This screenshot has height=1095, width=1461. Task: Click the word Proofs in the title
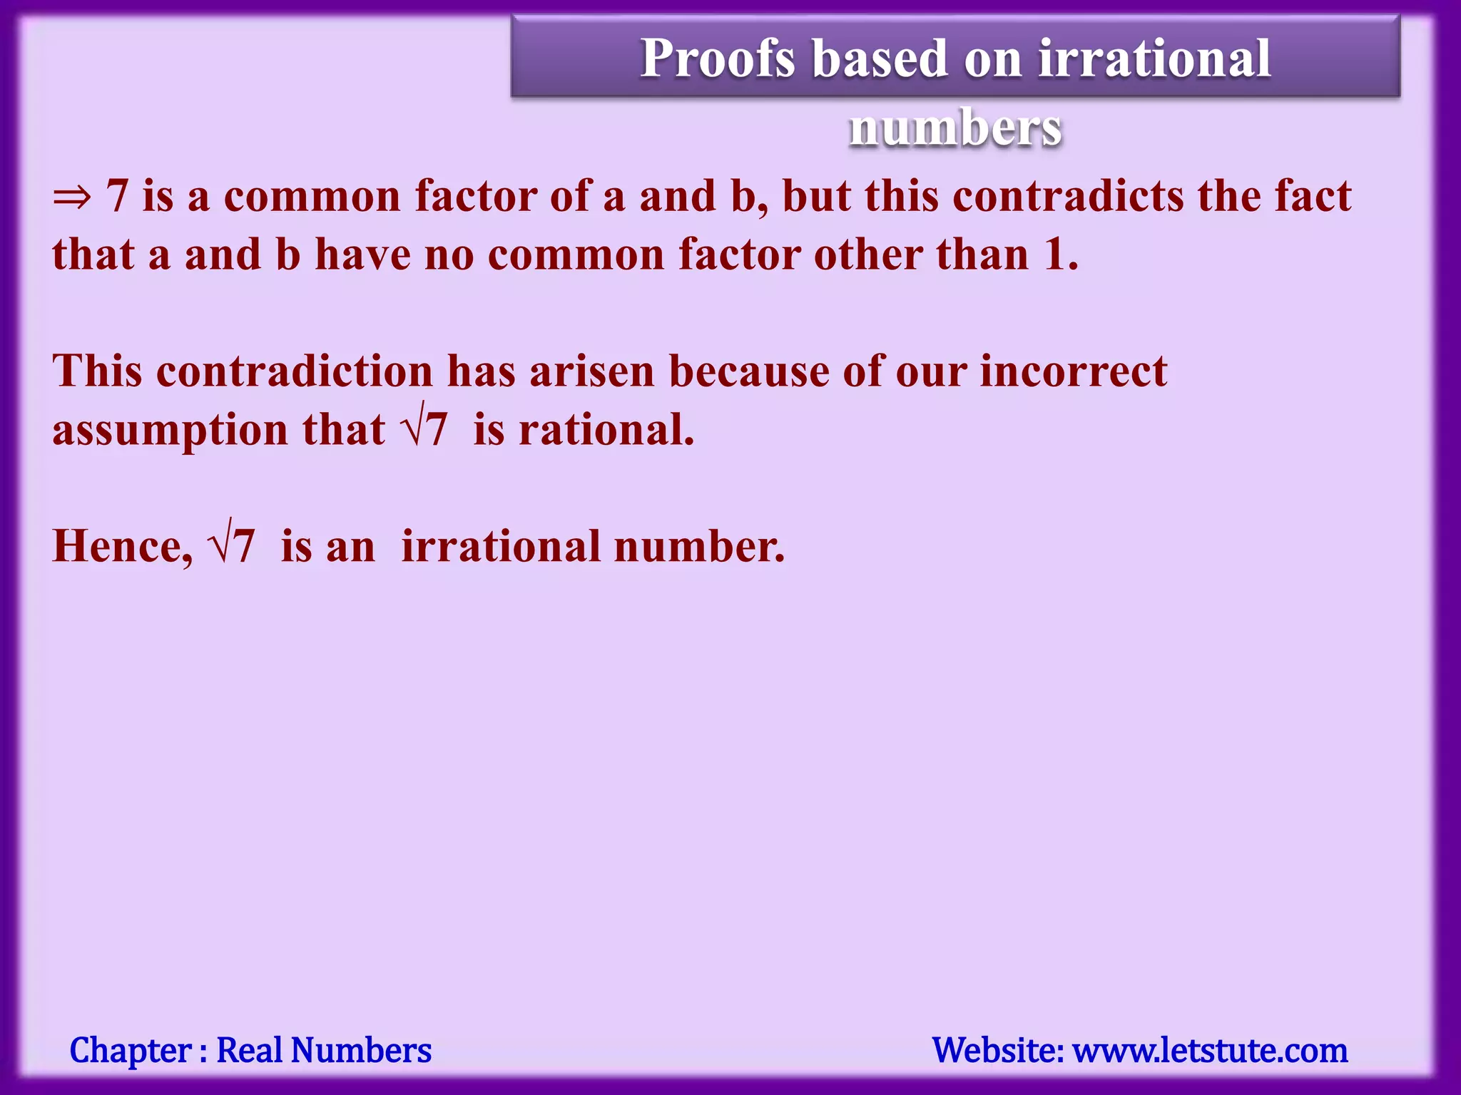tap(717, 58)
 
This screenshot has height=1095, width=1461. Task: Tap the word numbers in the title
tap(955, 128)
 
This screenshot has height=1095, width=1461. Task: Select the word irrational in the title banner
tap(1154, 58)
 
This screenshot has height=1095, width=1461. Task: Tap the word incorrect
tap(1073, 371)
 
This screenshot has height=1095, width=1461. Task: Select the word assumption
tap(170, 431)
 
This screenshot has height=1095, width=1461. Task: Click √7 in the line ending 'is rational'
tap(426, 430)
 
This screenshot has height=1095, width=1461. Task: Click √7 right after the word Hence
tap(231, 547)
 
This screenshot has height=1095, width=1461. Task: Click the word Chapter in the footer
tap(131, 1051)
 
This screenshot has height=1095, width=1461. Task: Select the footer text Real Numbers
tap(324, 1051)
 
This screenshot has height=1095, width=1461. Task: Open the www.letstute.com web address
tap(1211, 1051)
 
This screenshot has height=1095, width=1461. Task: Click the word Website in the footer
tap(997, 1051)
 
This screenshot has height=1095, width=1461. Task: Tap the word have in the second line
tap(363, 255)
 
